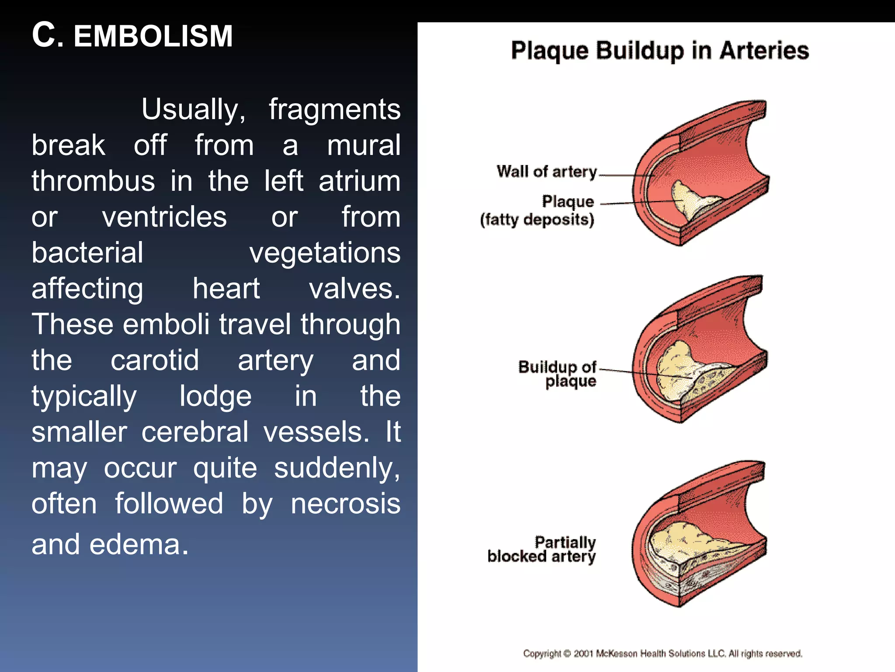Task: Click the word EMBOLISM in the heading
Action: (x=153, y=36)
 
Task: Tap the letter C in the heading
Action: (x=44, y=35)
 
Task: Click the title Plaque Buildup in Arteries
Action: (x=660, y=51)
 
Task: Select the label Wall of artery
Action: (x=547, y=171)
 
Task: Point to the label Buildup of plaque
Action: (x=558, y=374)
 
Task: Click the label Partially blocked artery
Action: (x=542, y=549)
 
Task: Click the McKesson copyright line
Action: (x=663, y=654)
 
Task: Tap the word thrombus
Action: (x=93, y=181)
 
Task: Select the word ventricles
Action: (x=164, y=217)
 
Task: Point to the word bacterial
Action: (x=87, y=253)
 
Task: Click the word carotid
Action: (x=155, y=360)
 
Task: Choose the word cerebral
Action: (x=195, y=432)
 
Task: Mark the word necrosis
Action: (x=345, y=504)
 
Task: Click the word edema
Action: (x=139, y=545)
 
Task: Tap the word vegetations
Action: (x=325, y=253)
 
